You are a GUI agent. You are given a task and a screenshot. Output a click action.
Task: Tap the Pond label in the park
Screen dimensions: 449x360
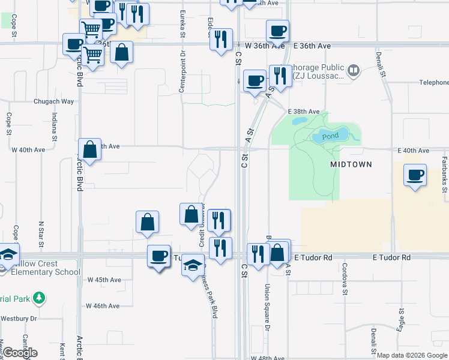330,136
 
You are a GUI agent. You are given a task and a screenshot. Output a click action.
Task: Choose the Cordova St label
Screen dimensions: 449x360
345,279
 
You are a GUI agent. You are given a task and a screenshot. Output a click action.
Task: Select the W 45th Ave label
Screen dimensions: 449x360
104,280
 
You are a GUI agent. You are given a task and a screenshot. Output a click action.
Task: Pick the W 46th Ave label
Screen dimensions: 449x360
103,305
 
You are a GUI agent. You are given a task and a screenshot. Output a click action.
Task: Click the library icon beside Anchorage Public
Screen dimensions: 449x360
354,71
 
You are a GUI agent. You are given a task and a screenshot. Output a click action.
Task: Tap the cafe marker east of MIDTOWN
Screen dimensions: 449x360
415,175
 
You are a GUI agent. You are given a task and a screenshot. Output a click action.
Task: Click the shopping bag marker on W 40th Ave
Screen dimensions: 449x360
89,150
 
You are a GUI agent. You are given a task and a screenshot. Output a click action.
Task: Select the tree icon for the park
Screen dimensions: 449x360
39,297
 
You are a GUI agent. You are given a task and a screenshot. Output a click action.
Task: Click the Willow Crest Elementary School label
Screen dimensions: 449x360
41,268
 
